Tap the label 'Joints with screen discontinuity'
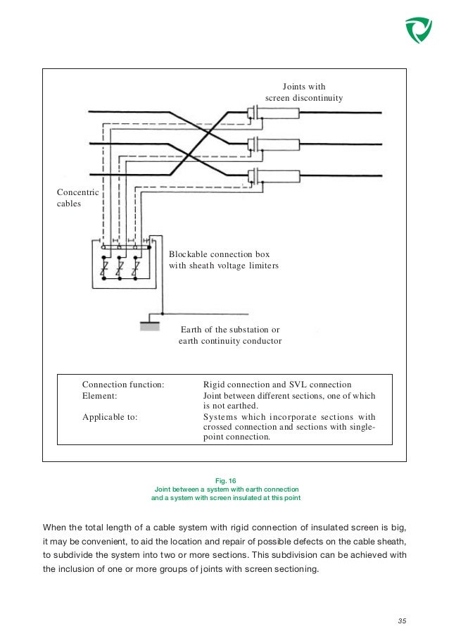click(304, 92)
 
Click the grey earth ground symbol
click(149, 325)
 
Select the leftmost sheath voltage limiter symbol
click(103, 269)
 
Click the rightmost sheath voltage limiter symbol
click(137, 269)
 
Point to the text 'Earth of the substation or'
click(230, 329)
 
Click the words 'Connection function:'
click(123, 385)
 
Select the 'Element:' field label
click(99, 397)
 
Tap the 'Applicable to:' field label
click(110, 416)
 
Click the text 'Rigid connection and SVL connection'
click(277, 385)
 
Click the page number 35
click(402, 621)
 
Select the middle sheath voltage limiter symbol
click(120, 269)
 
